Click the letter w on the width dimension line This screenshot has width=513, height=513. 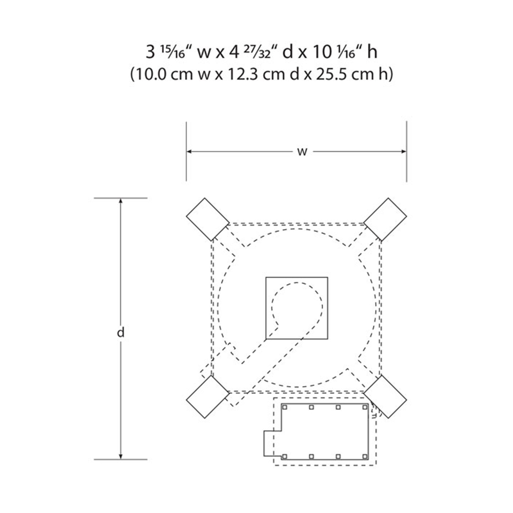click(302, 152)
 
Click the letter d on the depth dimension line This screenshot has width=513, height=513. click(121, 332)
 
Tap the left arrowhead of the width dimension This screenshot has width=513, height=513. click(189, 151)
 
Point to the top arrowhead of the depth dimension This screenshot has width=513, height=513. click(121, 201)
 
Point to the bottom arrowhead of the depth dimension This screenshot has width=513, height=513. click(121, 456)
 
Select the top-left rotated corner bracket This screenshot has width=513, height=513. click(208, 220)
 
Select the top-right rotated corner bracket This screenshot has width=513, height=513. click(385, 220)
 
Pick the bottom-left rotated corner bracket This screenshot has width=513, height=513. click(208, 397)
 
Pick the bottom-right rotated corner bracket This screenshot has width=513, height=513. click(385, 397)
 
